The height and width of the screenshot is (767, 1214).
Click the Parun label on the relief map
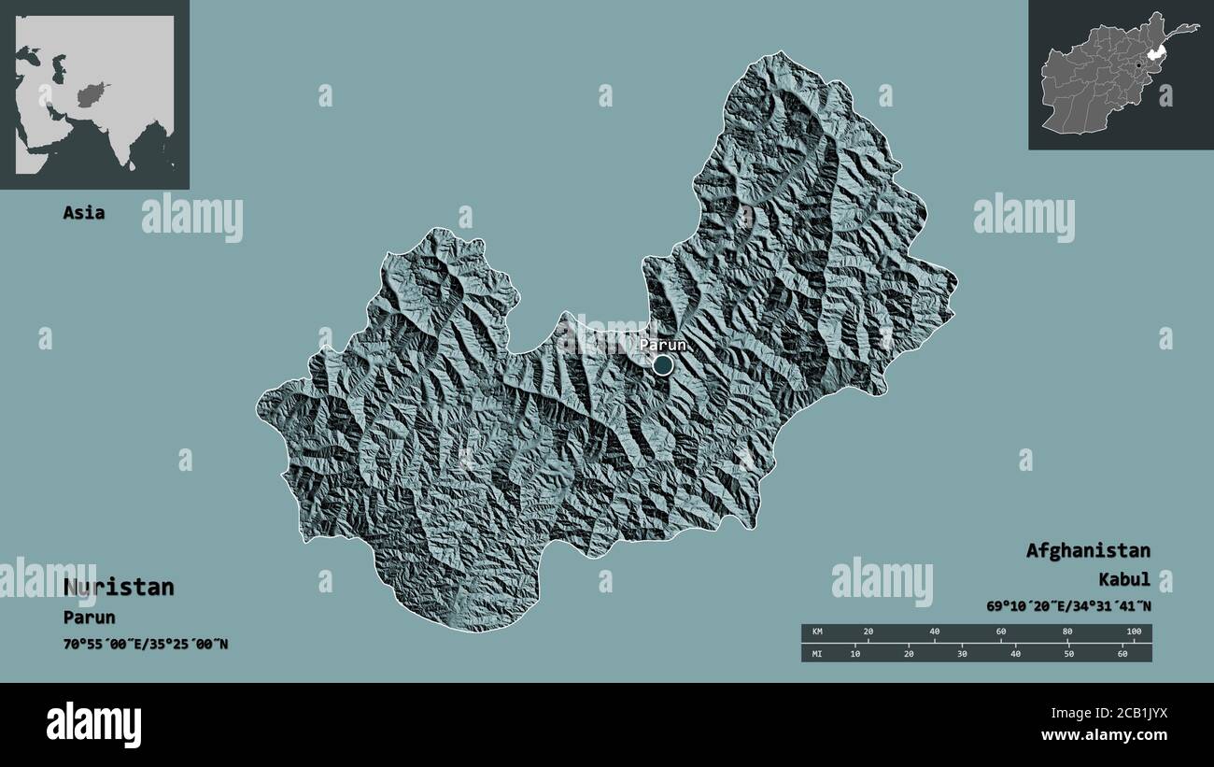663,345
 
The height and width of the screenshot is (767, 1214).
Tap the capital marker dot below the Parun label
662,365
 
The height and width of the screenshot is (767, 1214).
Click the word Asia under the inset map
84,213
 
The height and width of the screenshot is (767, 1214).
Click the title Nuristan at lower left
119,588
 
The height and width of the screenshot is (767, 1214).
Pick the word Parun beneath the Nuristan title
90,618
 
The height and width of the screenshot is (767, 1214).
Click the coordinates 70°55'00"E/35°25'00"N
146,645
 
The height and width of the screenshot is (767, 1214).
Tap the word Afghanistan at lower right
1088,550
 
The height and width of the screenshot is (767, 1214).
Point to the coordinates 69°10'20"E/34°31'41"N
1068,606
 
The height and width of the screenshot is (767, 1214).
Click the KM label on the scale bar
817,632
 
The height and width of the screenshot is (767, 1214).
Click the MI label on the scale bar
817,653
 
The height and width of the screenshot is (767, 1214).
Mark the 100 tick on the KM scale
1134,632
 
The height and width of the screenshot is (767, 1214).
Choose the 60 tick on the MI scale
1122,653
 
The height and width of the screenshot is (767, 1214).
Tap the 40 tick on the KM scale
935,632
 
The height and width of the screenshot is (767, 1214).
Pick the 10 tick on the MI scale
854,653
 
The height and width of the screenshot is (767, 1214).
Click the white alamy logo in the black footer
93,724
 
